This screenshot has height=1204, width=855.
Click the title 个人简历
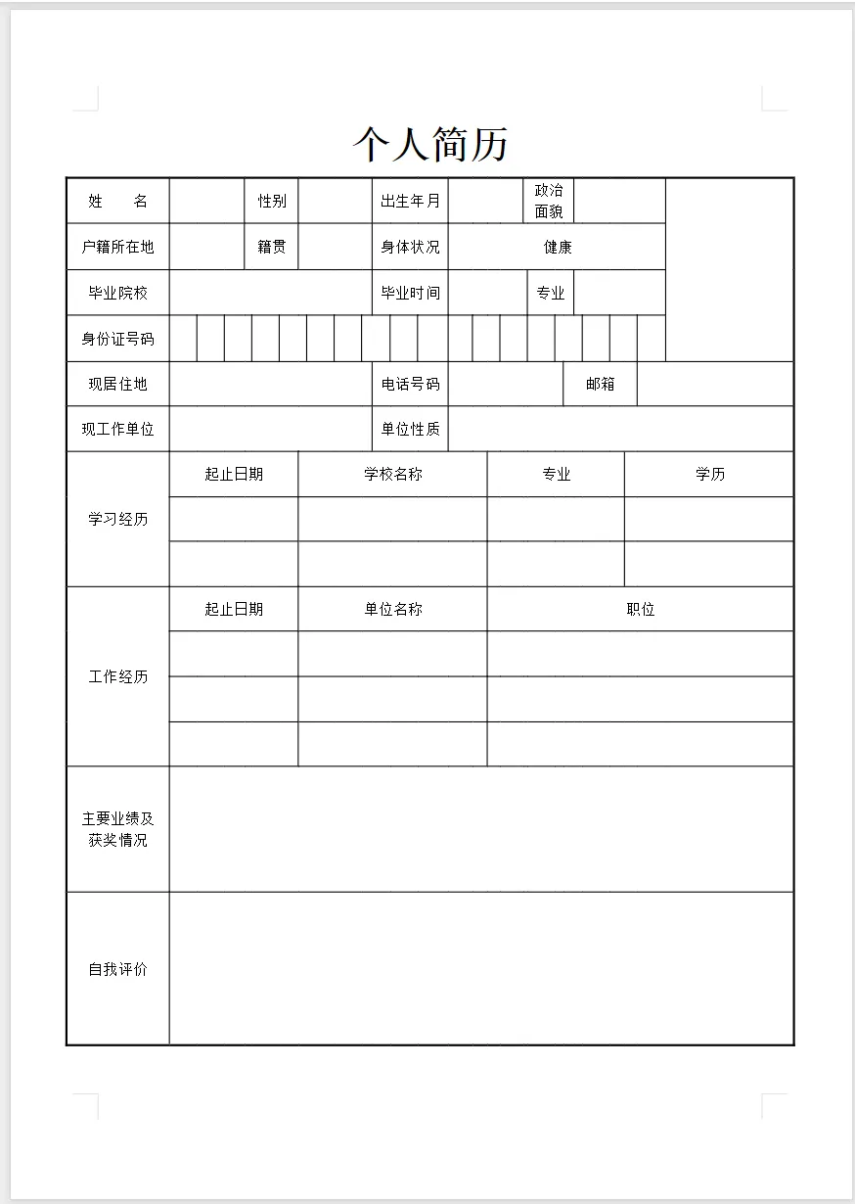(430, 145)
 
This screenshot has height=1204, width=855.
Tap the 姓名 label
(117, 201)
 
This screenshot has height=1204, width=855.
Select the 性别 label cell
(272, 201)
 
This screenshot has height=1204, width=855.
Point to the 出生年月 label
(410, 201)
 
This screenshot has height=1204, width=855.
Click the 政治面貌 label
(549, 201)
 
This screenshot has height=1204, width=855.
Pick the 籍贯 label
(272, 247)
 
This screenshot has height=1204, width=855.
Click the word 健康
(558, 247)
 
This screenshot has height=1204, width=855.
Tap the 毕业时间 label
(410, 293)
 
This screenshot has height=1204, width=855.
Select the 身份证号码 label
(117, 339)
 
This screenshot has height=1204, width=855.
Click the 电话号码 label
(410, 384)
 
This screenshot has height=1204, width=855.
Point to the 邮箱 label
(601, 384)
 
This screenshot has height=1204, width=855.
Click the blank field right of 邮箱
(715, 384)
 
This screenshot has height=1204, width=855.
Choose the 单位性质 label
(410, 429)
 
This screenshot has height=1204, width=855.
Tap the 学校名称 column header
(393, 474)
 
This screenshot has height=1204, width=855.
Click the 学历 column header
(710, 474)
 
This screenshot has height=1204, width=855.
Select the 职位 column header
(641, 609)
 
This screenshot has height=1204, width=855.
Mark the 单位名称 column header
(393, 609)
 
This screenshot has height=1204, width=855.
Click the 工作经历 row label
(117, 676)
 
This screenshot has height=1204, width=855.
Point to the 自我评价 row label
(117, 969)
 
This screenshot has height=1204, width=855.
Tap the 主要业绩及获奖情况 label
(117, 829)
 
